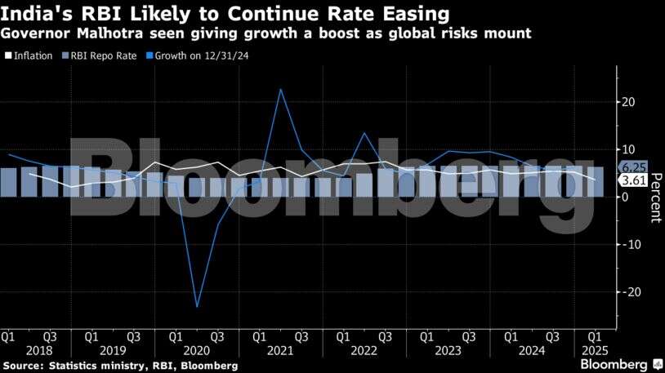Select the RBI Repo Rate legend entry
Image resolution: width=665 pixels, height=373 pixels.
(100, 56)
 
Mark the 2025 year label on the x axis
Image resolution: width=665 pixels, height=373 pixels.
(595, 351)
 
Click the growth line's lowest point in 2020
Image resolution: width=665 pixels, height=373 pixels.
(197, 306)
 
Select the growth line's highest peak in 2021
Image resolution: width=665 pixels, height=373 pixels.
(280, 89)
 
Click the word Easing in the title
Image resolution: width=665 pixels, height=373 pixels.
(408, 14)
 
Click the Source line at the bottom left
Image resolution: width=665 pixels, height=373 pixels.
(121, 365)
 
